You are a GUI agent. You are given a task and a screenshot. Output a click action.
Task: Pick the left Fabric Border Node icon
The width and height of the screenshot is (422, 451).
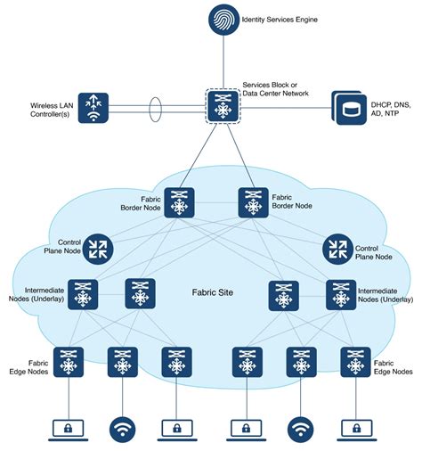177,202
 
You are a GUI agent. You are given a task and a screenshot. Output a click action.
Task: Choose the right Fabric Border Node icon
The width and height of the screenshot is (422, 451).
253,202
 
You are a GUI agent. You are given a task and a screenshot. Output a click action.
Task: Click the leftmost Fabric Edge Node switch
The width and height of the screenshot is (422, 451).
68,361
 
